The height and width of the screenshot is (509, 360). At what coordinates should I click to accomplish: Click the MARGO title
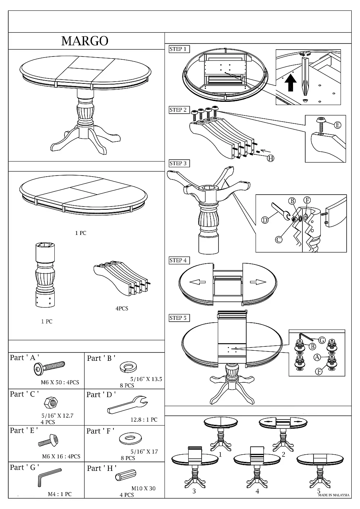click(x=85, y=41)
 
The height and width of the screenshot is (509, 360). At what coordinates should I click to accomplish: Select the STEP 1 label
click(x=178, y=49)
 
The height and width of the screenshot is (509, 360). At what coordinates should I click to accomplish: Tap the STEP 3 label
click(x=178, y=163)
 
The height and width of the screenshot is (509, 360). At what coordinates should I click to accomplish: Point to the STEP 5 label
click(x=178, y=318)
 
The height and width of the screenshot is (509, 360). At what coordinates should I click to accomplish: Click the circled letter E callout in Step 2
click(x=337, y=125)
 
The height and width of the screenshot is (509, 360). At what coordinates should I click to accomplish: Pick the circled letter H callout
click(x=270, y=158)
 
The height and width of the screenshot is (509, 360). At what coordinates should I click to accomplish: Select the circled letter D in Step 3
click(x=265, y=220)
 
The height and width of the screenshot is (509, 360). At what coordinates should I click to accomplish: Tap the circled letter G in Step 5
click(x=322, y=340)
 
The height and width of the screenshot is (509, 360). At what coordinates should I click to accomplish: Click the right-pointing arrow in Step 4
click(x=258, y=282)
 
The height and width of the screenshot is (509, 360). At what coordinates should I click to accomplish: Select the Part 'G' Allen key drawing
click(x=50, y=477)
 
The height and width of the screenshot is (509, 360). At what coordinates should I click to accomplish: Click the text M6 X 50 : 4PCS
click(x=60, y=382)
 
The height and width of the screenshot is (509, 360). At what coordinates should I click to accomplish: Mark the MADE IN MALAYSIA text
click(x=334, y=495)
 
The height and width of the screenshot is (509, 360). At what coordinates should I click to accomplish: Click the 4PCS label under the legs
click(x=122, y=309)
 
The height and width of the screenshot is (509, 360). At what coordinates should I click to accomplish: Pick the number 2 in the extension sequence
click(x=283, y=455)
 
